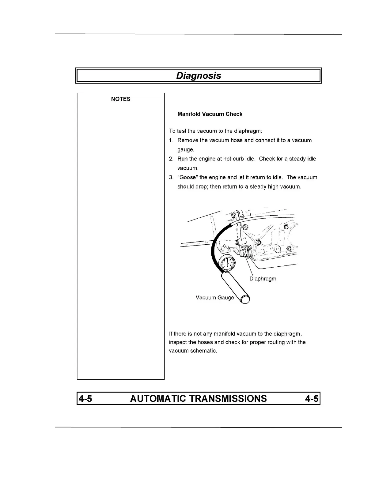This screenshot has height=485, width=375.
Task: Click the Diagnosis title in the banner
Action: (x=199, y=76)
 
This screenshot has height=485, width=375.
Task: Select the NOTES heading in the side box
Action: (x=120, y=99)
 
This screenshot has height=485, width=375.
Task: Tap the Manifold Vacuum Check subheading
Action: (x=210, y=114)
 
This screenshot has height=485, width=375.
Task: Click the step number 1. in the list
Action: (x=171, y=140)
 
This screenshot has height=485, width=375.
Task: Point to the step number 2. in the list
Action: (x=171, y=159)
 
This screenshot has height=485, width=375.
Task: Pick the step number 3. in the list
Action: (x=171, y=178)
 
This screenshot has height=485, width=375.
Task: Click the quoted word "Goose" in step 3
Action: (x=187, y=177)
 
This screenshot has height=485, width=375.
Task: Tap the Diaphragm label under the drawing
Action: (x=263, y=279)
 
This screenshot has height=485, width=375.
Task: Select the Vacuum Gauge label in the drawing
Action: (x=214, y=298)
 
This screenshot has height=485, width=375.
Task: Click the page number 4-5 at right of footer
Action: (x=312, y=398)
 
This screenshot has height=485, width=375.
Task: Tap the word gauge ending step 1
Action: (x=185, y=150)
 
